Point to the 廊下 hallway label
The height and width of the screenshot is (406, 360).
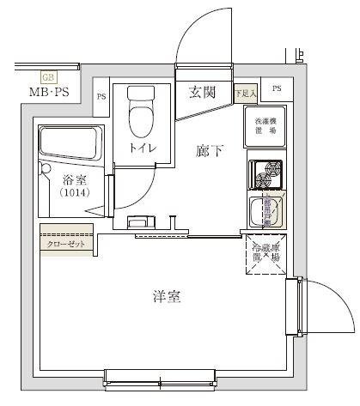coord(210,151)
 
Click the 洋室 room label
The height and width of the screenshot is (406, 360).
coord(166,298)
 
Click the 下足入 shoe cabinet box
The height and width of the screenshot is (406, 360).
coord(246,92)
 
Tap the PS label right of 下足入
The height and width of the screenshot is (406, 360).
coord(276,89)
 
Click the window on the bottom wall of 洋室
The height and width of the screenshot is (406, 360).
coord(162,374)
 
